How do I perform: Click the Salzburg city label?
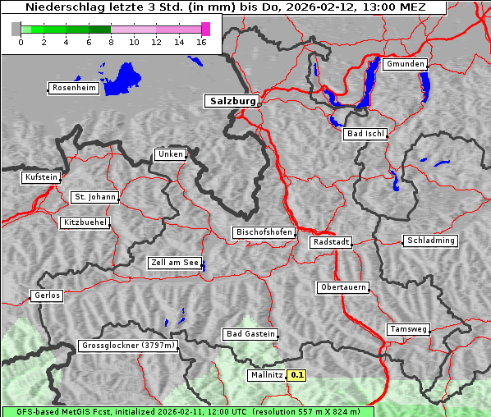[x=231, y=101]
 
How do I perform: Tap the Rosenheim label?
[x=73, y=88]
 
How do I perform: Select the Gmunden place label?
[x=405, y=64]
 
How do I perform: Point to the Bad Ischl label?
[x=365, y=134]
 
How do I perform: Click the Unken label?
[x=170, y=154]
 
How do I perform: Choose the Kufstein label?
[x=41, y=177]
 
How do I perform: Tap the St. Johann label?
[x=95, y=197]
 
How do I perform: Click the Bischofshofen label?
[x=264, y=233]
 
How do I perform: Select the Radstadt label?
[x=331, y=242]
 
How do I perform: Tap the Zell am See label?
[x=175, y=263]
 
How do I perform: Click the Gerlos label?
[x=47, y=296]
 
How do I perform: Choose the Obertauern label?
[x=342, y=287]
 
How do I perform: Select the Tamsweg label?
[x=408, y=329]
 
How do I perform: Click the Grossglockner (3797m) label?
[x=128, y=346]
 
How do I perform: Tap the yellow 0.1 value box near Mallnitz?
[x=297, y=375]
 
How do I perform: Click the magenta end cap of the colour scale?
[x=205, y=29]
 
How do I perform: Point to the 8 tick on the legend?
[x=111, y=42]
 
